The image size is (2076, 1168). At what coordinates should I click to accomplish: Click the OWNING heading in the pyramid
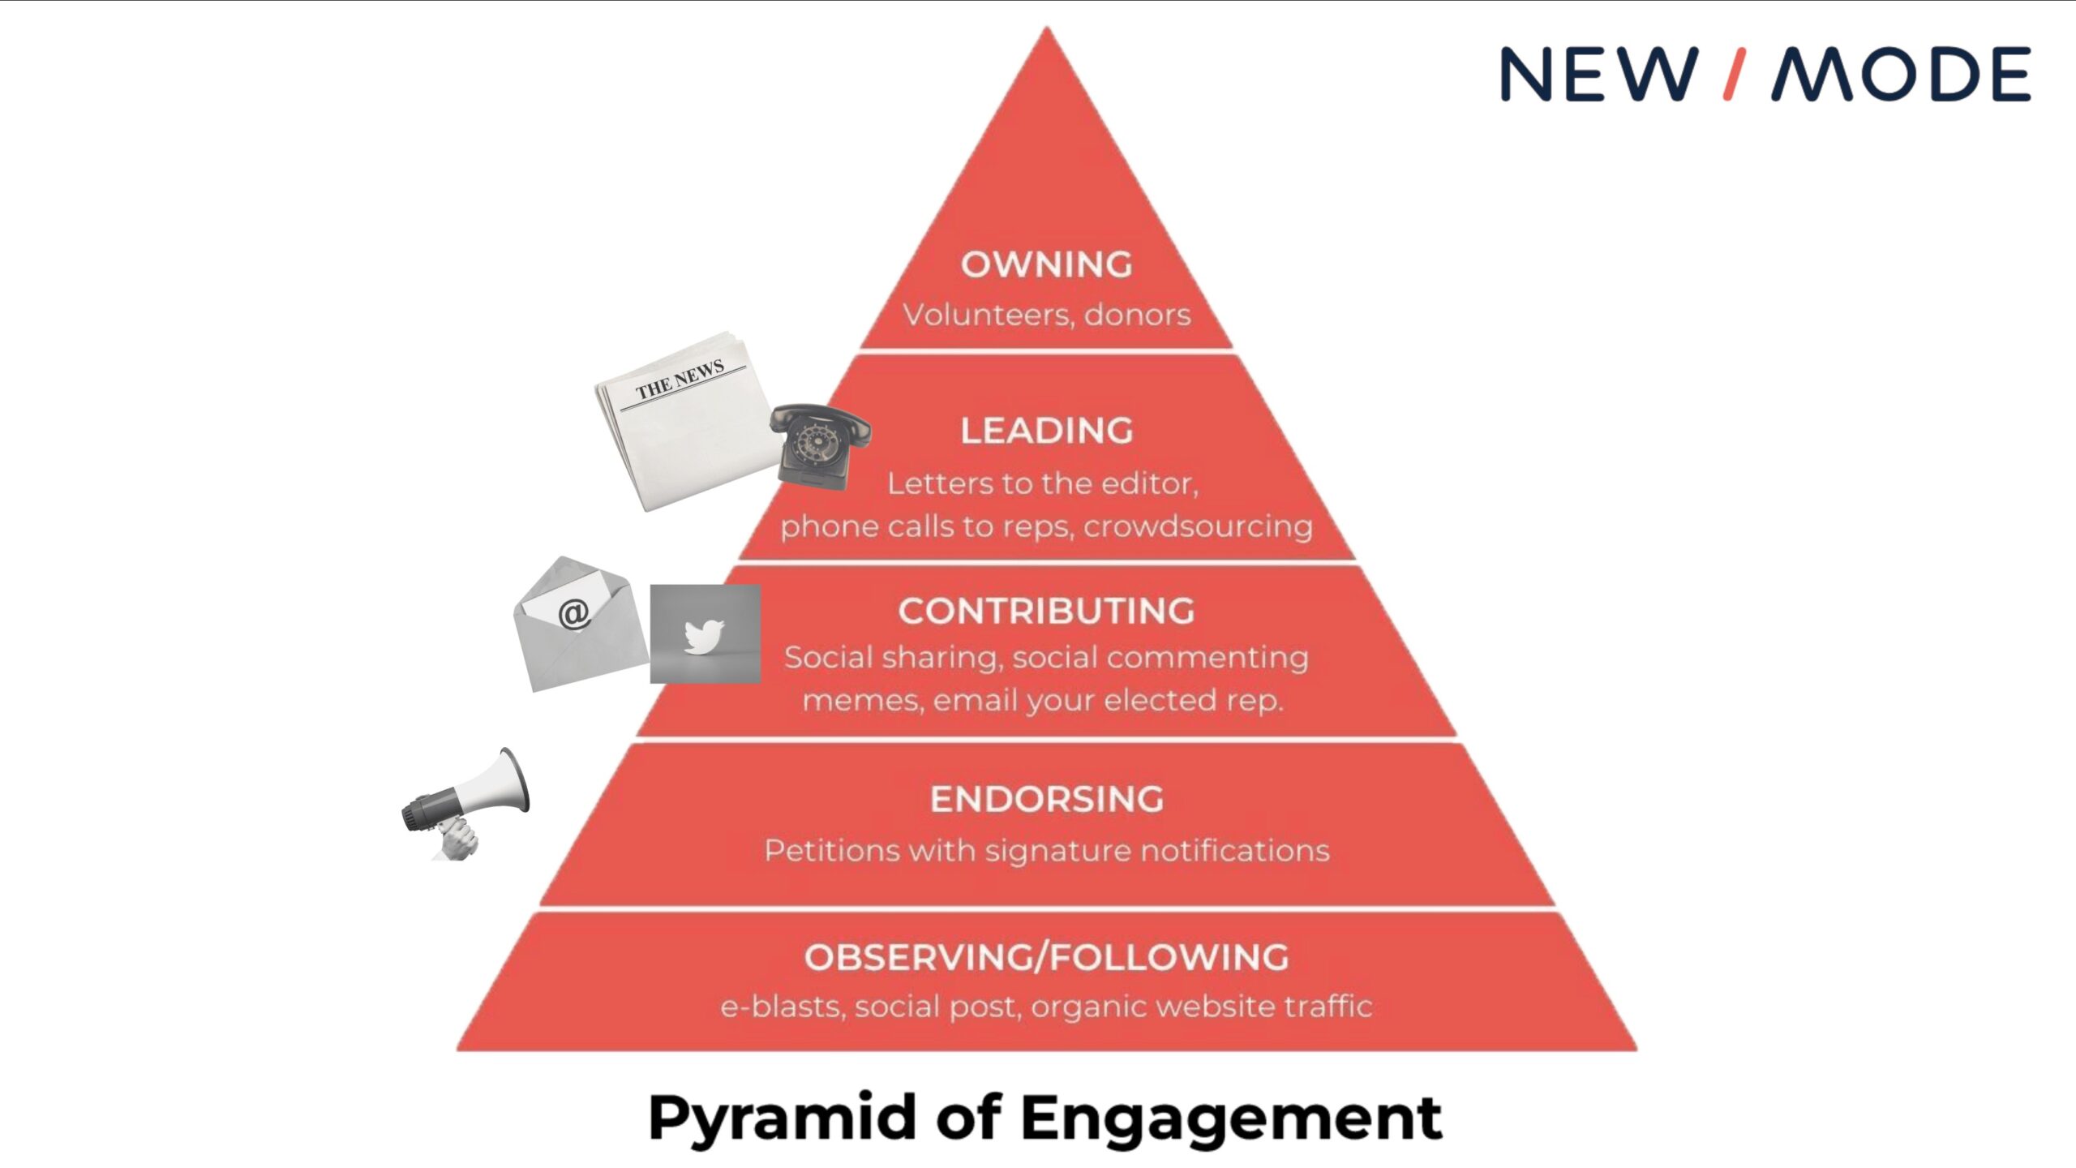(1046, 264)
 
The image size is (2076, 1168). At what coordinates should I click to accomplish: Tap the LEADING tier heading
(1046, 431)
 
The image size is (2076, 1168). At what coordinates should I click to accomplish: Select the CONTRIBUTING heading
(1046, 611)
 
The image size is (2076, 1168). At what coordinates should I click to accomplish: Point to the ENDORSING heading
(1046, 799)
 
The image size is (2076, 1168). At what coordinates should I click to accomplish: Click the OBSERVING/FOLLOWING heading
(1046, 957)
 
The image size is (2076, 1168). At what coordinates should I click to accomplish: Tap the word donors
(1137, 315)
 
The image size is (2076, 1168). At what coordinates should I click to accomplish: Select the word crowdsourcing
(1198, 527)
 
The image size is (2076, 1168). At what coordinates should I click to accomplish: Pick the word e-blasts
(783, 1007)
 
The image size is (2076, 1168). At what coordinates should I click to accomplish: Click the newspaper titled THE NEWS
(685, 419)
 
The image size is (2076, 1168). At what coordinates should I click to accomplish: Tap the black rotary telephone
(819, 445)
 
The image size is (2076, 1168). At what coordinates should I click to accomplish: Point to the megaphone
(466, 803)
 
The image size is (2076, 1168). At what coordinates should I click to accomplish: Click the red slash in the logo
(1735, 74)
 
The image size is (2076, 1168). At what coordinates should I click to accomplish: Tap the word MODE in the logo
(1901, 74)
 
